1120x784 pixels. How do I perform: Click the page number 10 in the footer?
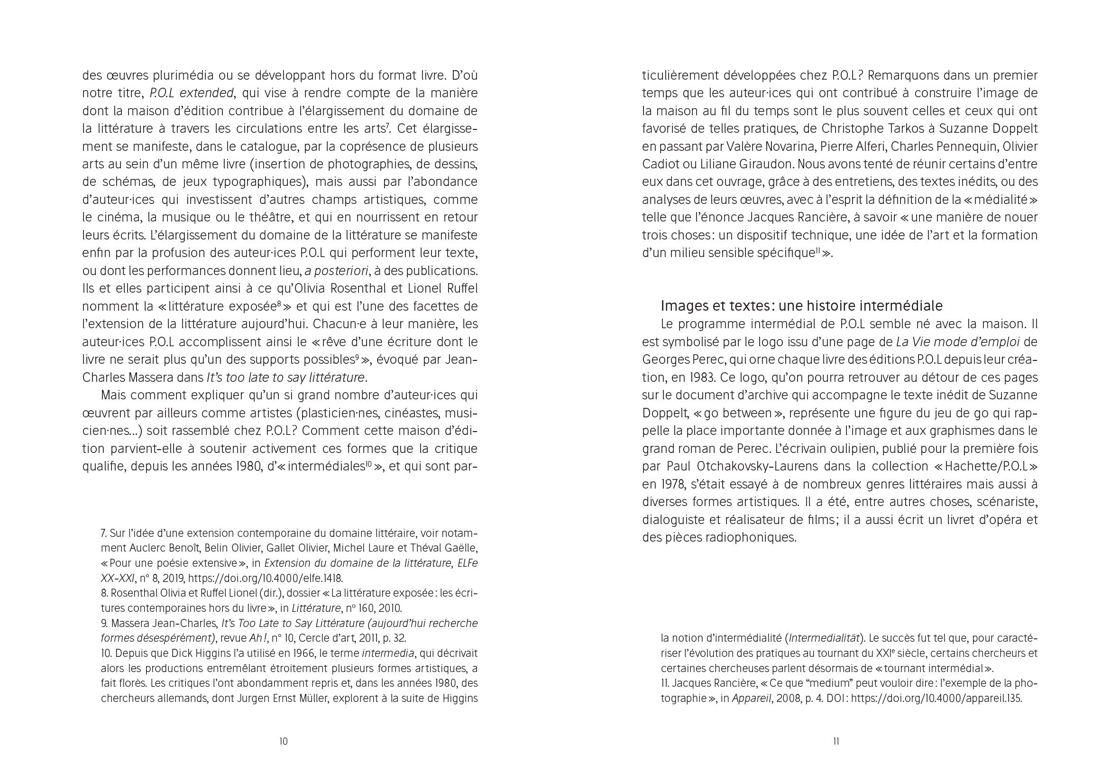(284, 742)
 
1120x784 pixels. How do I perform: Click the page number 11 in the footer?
(836, 742)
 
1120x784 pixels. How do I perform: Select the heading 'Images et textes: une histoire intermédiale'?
(801, 306)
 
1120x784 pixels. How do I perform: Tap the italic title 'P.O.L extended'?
(191, 93)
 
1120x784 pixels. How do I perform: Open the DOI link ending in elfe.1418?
(266, 579)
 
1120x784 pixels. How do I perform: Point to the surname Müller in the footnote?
(312, 698)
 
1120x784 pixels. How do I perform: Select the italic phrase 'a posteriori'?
(336, 271)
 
